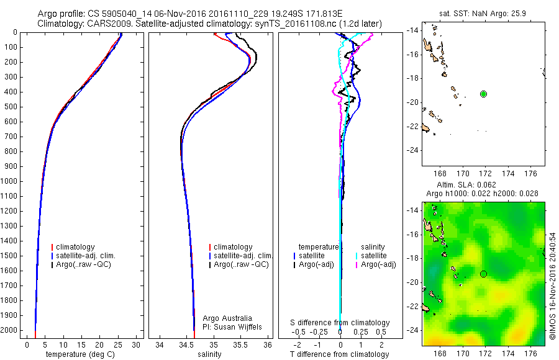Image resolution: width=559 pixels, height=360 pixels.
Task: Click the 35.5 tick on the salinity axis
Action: point(241,344)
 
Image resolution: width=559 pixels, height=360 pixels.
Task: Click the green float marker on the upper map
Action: point(483,94)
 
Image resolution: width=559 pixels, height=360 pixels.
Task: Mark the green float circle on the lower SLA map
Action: point(483,274)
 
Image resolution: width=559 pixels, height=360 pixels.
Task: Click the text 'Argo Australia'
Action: point(227,318)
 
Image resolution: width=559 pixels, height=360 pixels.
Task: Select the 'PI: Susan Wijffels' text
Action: point(233,326)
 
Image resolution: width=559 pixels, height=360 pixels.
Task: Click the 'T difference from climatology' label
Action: point(340,354)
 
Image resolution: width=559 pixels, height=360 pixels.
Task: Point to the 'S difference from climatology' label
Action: point(340,323)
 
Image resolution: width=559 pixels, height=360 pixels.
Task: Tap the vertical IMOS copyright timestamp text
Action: point(553,286)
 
